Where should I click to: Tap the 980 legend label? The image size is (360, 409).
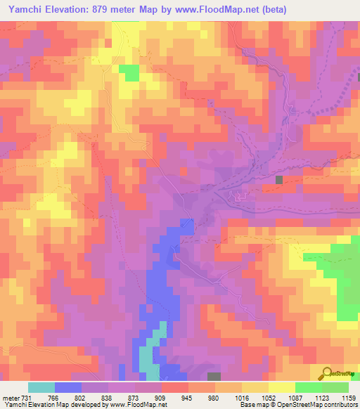click(213, 397)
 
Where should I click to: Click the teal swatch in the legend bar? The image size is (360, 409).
click(41, 387)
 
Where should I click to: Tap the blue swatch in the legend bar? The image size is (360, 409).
click(68, 387)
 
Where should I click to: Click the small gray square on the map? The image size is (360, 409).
click(280, 180)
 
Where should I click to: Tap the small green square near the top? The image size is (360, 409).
click(129, 72)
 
